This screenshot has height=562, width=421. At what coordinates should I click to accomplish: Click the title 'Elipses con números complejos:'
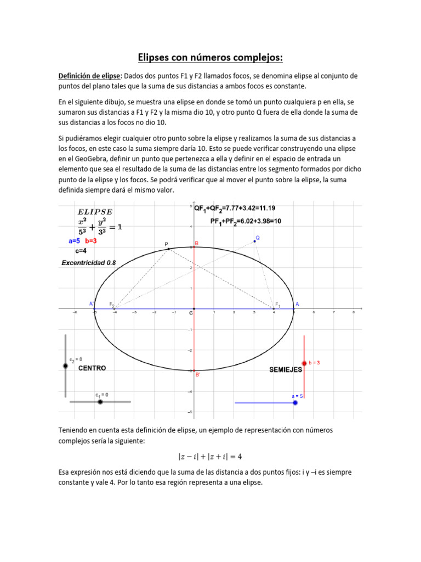coord(210,58)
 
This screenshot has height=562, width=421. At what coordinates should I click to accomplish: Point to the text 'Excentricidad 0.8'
coord(88,263)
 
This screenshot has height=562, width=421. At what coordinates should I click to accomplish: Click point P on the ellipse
coord(169,249)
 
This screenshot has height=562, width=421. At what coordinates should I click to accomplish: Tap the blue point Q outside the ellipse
coord(254,241)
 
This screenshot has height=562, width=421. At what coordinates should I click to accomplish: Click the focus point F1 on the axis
coord(274,309)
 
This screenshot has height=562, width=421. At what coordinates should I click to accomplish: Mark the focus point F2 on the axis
coord(114,309)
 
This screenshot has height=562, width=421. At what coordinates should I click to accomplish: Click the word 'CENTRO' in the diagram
coord(92,369)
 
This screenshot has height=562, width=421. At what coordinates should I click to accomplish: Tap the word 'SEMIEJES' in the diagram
coord(285,370)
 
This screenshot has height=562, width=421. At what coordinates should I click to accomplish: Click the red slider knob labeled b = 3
coord(304,363)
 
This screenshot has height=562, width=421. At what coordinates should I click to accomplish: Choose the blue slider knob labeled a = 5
coord(295,403)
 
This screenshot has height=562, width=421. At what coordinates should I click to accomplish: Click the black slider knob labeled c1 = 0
coord(100,402)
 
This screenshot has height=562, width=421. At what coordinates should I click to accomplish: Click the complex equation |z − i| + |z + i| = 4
coord(210,456)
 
